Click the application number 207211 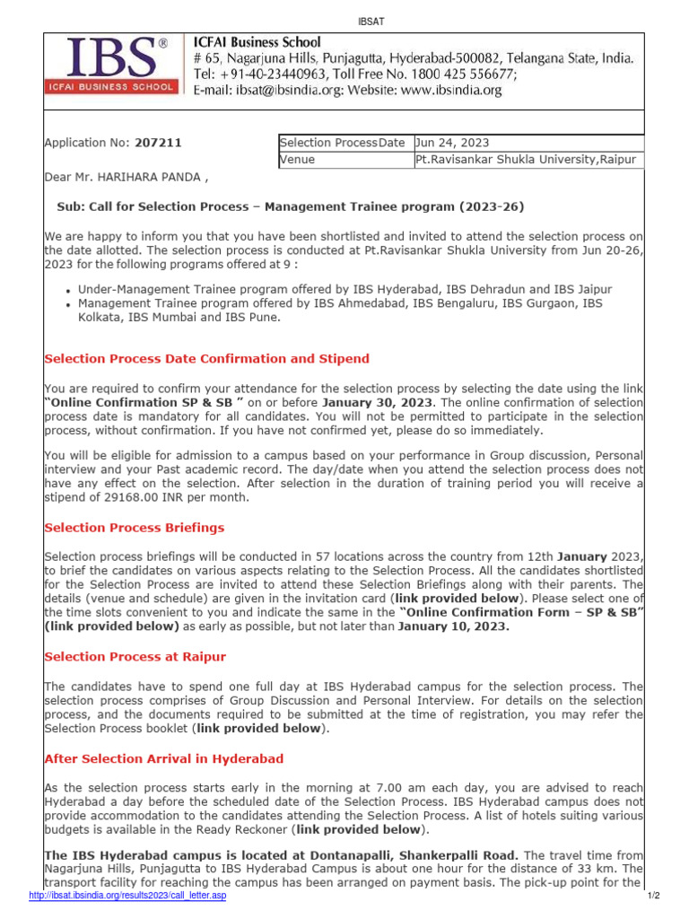click(157, 142)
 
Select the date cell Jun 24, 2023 click(452, 143)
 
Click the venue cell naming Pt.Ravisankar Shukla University click(526, 160)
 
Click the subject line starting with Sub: click(290, 206)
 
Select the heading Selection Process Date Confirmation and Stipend click(206, 359)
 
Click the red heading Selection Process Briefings click(135, 528)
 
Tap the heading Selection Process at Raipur click(135, 657)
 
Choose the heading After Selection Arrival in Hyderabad click(164, 758)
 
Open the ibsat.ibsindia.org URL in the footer click(128, 896)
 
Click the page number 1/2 click(652, 896)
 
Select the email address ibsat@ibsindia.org click(286, 91)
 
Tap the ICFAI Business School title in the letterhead click(257, 42)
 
